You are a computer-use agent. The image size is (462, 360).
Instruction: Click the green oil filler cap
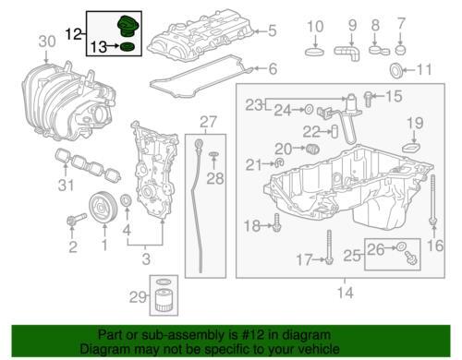(x=128, y=27)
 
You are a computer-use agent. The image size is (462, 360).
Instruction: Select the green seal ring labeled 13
(x=128, y=47)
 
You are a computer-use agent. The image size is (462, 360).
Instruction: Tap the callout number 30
(x=47, y=42)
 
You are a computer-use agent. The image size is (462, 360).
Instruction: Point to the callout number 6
(x=273, y=68)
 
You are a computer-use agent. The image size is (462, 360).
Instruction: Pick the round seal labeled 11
(x=396, y=70)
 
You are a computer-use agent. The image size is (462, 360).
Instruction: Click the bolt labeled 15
(x=368, y=99)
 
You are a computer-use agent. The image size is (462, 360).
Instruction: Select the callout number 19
(x=415, y=123)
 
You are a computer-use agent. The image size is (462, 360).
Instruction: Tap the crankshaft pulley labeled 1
(x=102, y=207)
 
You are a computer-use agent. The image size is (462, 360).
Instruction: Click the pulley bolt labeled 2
(x=76, y=220)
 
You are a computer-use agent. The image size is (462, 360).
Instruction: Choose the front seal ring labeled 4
(x=126, y=200)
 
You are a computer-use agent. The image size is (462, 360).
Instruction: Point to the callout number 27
(x=208, y=122)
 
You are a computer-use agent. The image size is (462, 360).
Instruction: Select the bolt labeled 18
(x=277, y=223)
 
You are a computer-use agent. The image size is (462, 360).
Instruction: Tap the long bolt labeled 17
(x=329, y=247)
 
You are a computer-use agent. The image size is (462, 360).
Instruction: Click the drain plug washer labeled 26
(x=402, y=246)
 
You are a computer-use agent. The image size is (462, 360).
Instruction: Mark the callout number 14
(x=346, y=293)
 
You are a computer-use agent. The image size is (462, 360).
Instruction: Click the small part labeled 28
(x=213, y=155)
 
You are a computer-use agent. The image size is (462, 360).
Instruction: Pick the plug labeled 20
(x=313, y=150)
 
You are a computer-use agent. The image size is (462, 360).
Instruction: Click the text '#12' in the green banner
(x=253, y=335)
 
